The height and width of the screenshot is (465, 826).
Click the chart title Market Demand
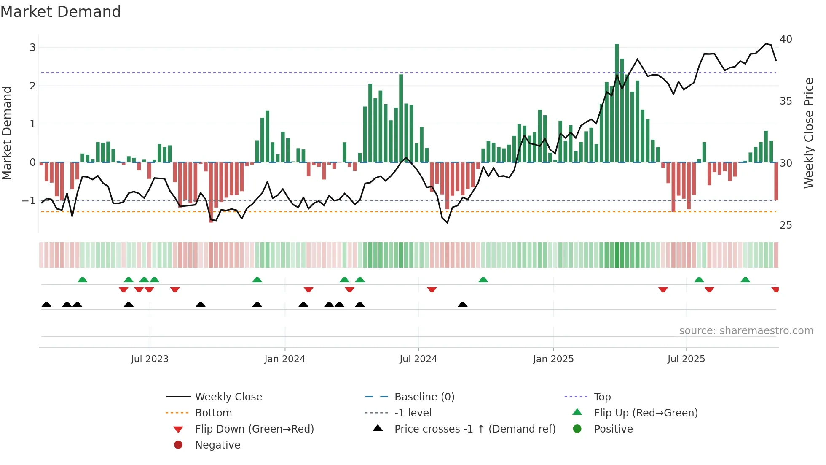click(61, 12)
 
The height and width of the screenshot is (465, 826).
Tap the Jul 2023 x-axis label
click(150, 359)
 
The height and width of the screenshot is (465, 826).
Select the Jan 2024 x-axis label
click(284, 359)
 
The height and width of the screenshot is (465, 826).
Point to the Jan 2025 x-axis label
click(553, 359)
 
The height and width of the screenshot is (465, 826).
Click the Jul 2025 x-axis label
click(686, 359)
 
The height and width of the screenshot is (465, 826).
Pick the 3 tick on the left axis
click(32, 48)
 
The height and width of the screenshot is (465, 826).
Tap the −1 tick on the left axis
click(29, 201)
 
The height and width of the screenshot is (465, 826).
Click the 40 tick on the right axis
click(786, 39)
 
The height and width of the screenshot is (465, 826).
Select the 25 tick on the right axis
click(786, 225)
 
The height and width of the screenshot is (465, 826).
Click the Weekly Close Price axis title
click(808, 133)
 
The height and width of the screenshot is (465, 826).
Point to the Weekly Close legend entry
click(228, 397)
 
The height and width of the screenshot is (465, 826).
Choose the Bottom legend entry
click(213, 413)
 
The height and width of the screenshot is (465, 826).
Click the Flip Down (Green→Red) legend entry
click(254, 429)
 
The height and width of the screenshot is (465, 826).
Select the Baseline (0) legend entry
click(424, 397)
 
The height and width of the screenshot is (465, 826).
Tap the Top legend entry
click(602, 397)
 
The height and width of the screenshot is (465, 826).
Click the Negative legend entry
click(217, 445)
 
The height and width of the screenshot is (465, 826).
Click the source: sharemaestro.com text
click(746, 331)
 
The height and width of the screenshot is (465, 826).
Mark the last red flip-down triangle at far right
click(775, 289)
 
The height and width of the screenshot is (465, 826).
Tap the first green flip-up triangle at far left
click(83, 280)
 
